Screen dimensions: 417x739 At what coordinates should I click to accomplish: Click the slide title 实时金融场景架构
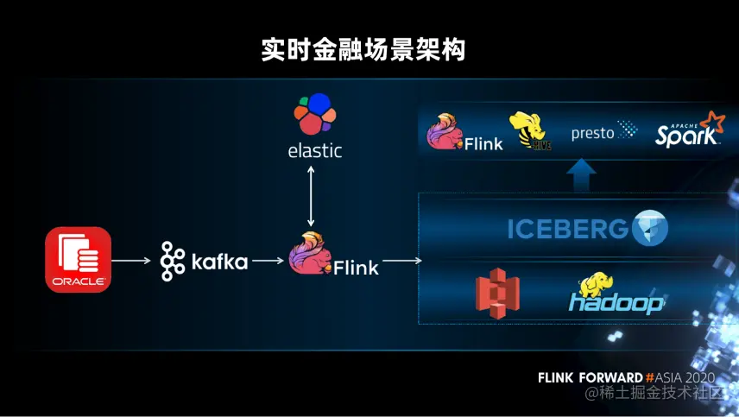(x=363, y=49)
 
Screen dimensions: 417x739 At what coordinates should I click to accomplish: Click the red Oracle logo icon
(x=78, y=259)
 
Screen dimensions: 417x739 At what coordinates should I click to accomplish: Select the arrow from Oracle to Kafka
(x=132, y=260)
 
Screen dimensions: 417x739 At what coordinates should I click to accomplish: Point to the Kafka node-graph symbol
(x=173, y=261)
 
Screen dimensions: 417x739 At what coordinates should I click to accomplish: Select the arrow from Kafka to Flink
(x=269, y=260)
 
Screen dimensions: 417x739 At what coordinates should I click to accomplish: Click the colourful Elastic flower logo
(x=314, y=115)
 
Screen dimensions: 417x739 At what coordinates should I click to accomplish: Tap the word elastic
(x=314, y=151)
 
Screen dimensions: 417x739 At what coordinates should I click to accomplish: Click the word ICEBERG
(x=567, y=229)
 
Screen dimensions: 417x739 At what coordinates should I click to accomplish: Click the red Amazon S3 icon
(x=497, y=292)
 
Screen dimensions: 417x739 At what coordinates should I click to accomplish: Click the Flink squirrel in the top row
(x=445, y=131)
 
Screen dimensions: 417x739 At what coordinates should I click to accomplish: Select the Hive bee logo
(x=529, y=131)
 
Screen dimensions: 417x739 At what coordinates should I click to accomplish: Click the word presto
(x=592, y=134)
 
